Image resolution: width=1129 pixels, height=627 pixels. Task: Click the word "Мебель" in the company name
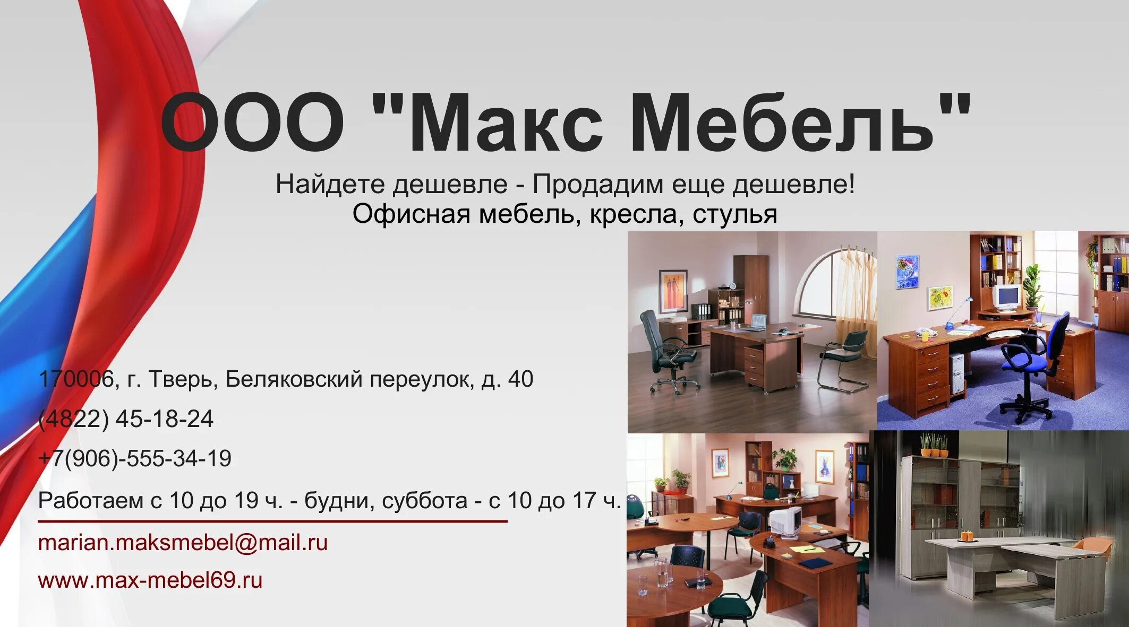[x=781, y=123]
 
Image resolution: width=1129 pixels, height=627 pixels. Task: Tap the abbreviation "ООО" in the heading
[x=252, y=123]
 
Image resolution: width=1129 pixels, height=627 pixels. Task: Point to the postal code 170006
[x=76, y=379]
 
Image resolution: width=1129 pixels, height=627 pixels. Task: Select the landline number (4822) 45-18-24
[x=126, y=419]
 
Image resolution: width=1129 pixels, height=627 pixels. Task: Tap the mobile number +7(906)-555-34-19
[x=135, y=459]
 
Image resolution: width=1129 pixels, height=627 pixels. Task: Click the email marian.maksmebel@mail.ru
[x=183, y=543]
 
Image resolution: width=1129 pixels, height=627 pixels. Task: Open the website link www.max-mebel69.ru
[x=150, y=580]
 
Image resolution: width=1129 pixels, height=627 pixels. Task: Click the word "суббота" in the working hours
[x=424, y=501]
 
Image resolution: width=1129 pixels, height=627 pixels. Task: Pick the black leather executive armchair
[x=664, y=350]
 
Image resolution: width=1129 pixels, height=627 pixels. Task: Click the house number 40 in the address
[x=520, y=379]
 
